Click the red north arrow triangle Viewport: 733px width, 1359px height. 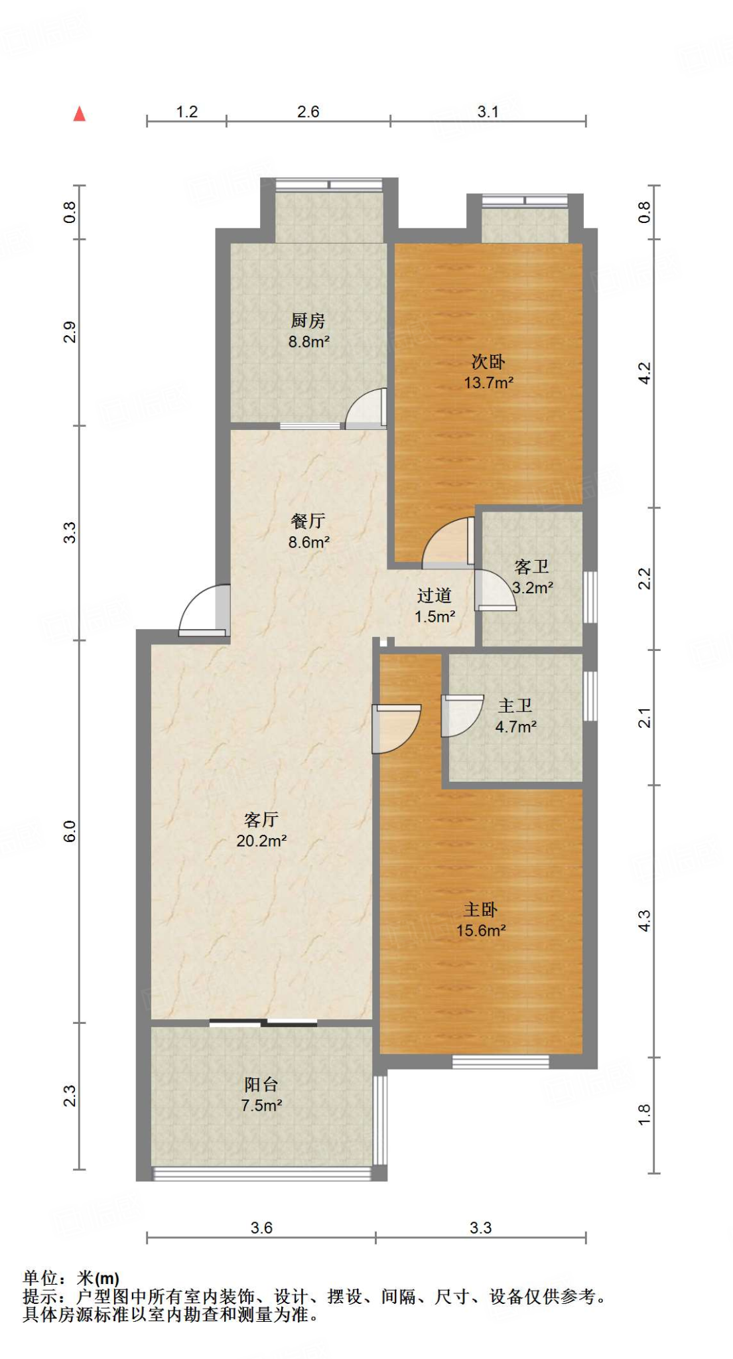click(x=80, y=114)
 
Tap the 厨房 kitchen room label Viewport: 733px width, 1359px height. click(x=308, y=321)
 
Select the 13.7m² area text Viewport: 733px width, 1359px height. click(x=488, y=382)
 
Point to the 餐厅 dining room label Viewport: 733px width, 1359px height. click(x=308, y=522)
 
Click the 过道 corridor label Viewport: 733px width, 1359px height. click(x=434, y=596)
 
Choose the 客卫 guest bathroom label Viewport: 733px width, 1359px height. click(x=531, y=567)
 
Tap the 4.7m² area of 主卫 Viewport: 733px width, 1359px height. click(x=515, y=727)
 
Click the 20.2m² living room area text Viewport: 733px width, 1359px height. click(x=261, y=841)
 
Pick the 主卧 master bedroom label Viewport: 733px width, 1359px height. click(x=480, y=910)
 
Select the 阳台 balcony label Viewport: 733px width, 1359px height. click(x=261, y=1085)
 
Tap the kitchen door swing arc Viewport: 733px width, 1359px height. click(x=365, y=407)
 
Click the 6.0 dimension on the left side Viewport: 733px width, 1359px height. click(x=70, y=831)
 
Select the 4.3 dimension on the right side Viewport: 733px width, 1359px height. click(x=644, y=920)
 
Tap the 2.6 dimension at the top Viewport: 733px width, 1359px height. click(x=308, y=111)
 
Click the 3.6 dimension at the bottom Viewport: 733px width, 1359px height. click(x=261, y=1228)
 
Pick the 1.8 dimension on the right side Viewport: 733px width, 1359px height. click(x=644, y=1115)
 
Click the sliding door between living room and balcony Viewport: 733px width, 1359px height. click(x=263, y=1023)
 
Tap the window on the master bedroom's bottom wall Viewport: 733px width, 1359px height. click(x=501, y=1062)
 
